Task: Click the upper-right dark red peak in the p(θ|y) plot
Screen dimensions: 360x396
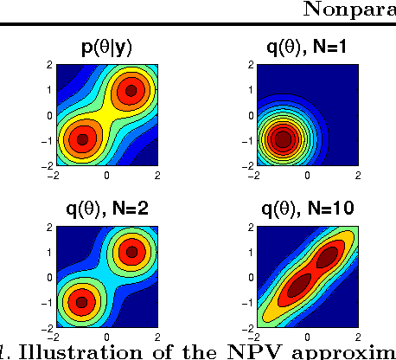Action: click(x=131, y=89)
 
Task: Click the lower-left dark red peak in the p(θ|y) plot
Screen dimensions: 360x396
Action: click(x=82, y=138)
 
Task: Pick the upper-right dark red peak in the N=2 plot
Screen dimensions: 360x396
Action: click(x=131, y=252)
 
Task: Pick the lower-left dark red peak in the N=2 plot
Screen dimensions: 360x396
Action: click(x=82, y=302)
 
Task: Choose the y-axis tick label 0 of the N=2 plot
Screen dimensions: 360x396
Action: click(x=52, y=278)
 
